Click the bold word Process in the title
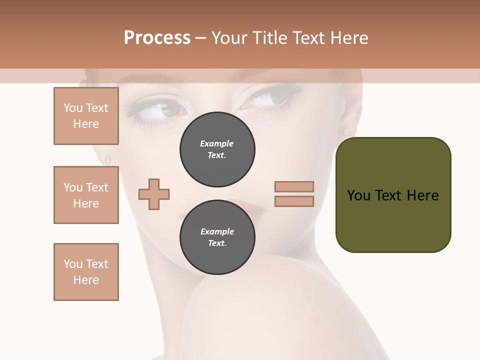pos(157,38)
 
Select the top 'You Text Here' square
pos(86,116)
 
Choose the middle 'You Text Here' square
pos(86,195)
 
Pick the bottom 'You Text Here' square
pos(86,271)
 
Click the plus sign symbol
pos(154,194)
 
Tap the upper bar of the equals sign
pos(294,186)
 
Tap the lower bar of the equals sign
pos(294,201)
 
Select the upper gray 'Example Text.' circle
pos(217,149)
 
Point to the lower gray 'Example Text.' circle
pos(217,237)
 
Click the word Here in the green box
pos(422,195)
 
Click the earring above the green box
pos(345,131)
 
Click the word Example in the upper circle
pos(216,143)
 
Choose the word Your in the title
pos(229,38)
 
